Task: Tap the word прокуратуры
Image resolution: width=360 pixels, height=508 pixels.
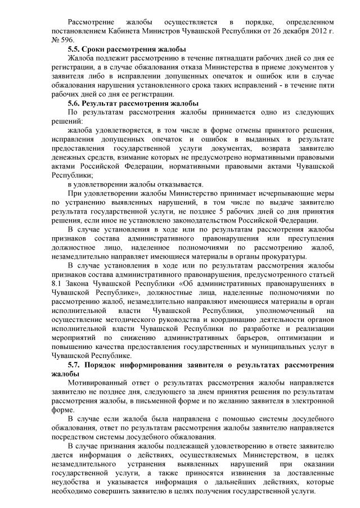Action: click(285, 257)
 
